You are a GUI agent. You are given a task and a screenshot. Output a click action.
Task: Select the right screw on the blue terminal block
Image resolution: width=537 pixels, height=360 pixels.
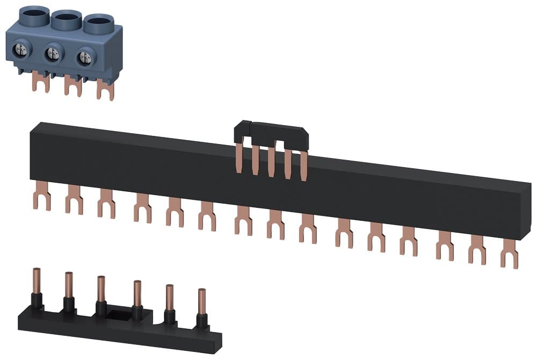click(83, 58)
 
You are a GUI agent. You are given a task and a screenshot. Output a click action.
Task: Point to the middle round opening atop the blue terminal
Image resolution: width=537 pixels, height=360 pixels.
click(65, 17)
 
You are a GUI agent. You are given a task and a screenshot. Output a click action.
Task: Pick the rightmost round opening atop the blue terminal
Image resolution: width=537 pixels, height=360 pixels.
click(97, 23)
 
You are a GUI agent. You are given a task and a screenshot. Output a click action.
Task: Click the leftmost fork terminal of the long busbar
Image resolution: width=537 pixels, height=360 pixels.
click(41, 196)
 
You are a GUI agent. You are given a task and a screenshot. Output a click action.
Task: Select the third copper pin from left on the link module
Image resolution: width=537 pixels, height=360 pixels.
click(101, 290)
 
